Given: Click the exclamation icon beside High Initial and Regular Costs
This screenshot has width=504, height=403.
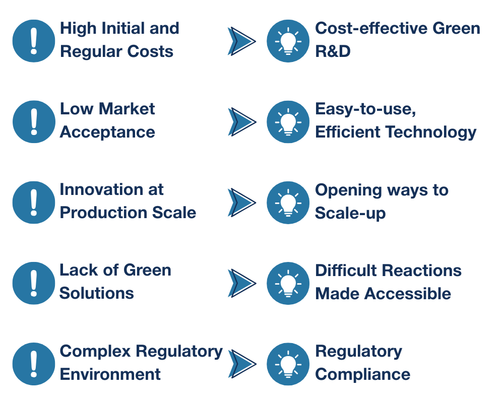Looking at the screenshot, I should click(x=33, y=41).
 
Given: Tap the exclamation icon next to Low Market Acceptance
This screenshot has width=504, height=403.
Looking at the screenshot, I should click(x=33, y=121).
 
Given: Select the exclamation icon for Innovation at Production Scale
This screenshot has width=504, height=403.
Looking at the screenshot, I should click(x=33, y=202).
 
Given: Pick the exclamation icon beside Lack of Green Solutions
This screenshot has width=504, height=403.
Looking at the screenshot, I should click(x=33, y=283).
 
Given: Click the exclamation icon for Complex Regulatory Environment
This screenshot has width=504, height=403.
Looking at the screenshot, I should click(x=33, y=363).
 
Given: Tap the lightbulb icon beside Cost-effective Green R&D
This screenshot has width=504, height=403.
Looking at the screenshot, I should click(x=288, y=41).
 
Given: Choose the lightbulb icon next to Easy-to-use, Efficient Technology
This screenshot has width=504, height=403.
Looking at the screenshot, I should click(x=288, y=121).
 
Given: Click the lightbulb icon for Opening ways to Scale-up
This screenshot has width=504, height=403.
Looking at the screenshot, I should click(x=288, y=202).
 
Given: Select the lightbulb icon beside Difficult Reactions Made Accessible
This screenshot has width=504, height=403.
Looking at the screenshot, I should click(x=288, y=283).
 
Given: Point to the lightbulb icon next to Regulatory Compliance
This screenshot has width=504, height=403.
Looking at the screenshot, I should click(x=288, y=363).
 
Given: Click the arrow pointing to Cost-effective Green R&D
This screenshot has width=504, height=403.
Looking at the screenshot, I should click(x=241, y=41).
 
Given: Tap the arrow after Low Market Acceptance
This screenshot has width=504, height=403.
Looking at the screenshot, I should click(x=241, y=121).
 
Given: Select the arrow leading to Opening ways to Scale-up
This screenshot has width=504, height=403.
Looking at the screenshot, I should click(x=241, y=202).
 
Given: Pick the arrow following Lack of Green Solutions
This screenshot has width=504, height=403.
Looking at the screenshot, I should click(x=241, y=283).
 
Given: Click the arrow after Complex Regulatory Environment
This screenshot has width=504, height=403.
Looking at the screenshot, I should click(x=241, y=363).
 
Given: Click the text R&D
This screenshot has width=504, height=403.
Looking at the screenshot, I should click(x=333, y=51).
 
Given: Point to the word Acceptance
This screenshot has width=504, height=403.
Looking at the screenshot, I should click(x=107, y=132).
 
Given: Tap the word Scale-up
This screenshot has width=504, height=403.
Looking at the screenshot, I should click(x=350, y=213).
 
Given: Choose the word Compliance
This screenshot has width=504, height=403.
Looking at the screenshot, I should click(x=362, y=374).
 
